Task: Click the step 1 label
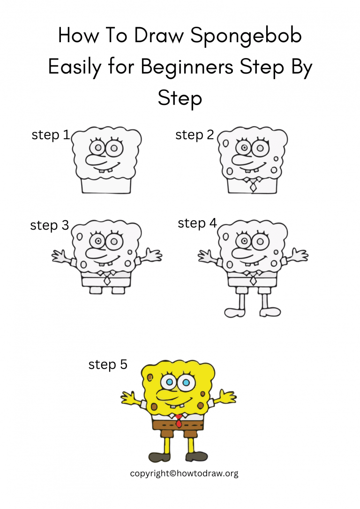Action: coord(51,135)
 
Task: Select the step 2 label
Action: coord(195,135)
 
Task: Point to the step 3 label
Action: coord(49,225)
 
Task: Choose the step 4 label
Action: coord(197,224)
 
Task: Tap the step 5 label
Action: coord(108,364)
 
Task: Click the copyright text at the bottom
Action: coord(184,473)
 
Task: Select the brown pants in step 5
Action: coord(178,426)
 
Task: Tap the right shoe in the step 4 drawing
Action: coord(271,312)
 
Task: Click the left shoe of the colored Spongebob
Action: coord(157,457)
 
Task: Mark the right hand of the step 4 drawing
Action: coord(299,256)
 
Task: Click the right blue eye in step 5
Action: coord(186,383)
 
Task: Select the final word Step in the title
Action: coord(180,98)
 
